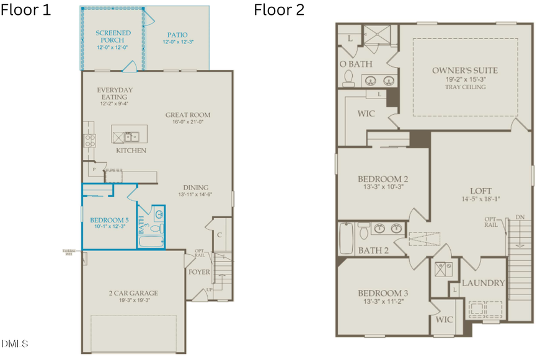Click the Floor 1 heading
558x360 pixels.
(26, 11)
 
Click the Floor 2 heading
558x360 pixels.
(279, 11)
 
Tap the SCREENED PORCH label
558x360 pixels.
(112, 35)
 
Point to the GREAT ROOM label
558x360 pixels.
(188, 115)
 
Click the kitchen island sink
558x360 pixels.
(130, 136)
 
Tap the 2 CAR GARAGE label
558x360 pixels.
(133, 293)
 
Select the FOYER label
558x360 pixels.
(200, 272)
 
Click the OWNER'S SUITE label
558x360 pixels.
(464, 71)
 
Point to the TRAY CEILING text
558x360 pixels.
(464, 87)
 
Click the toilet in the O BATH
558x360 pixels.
(348, 77)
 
